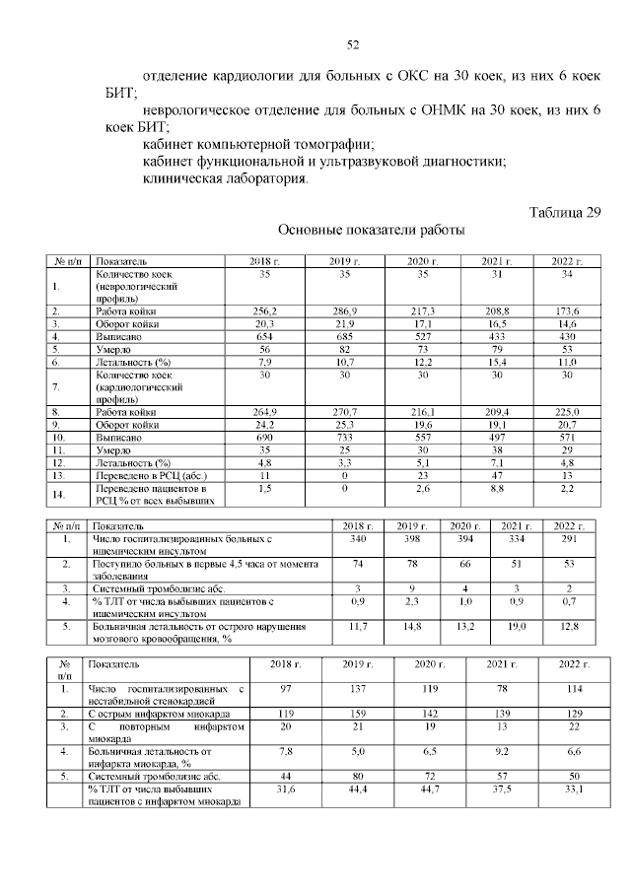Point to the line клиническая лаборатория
point(225,179)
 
